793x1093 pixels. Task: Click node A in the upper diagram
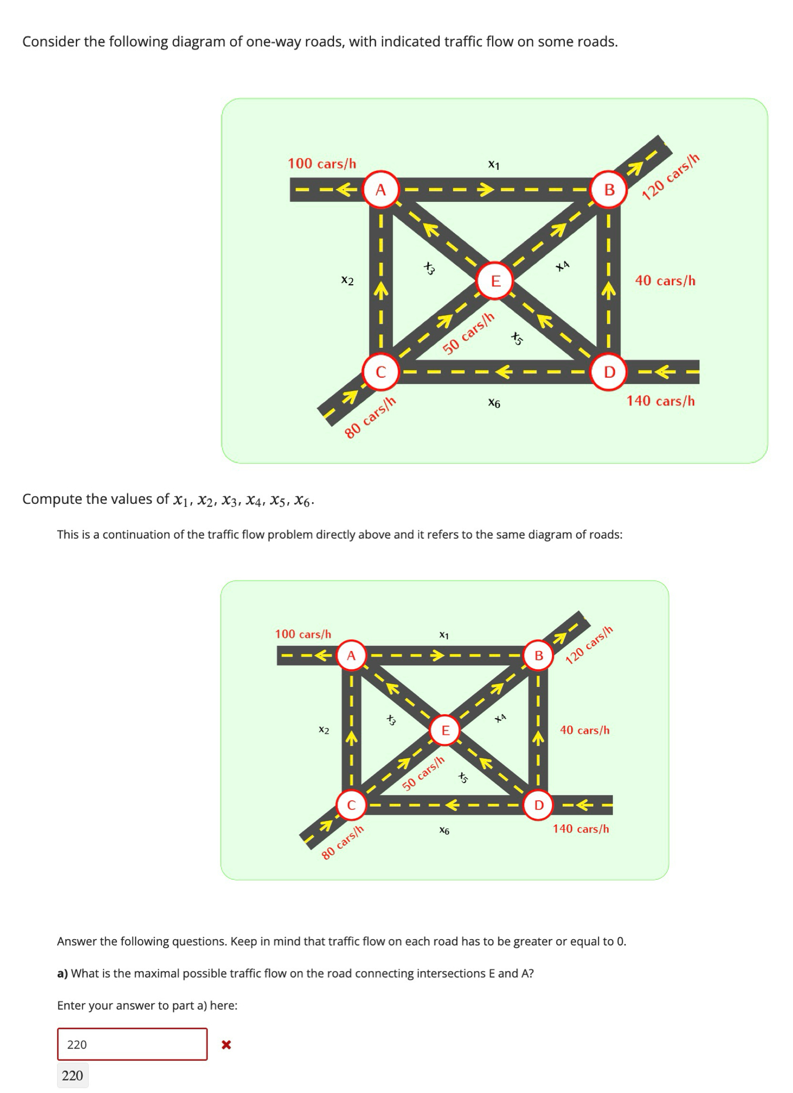coord(380,190)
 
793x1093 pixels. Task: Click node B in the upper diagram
coord(609,190)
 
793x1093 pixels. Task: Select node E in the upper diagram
coord(495,280)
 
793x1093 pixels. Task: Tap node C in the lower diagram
coord(351,805)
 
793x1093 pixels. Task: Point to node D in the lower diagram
coord(539,805)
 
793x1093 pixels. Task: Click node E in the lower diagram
coord(445,730)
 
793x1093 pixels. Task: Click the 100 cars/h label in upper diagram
coord(322,163)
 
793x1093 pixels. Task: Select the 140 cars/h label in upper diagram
coord(660,401)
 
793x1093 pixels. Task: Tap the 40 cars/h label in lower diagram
coord(585,730)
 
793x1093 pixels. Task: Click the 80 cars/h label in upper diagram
coord(370,417)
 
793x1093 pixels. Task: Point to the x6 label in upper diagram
coord(494,403)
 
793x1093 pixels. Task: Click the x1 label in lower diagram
coord(444,635)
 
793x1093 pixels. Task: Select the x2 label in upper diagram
coord(347,280)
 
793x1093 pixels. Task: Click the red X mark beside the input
coord(226,1044)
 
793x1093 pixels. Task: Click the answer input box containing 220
coord(132,1044)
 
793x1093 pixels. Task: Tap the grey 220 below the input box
coord(73,1075)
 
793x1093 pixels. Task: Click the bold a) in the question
coord(63,973)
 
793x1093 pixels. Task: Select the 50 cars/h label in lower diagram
coord(423,774)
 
